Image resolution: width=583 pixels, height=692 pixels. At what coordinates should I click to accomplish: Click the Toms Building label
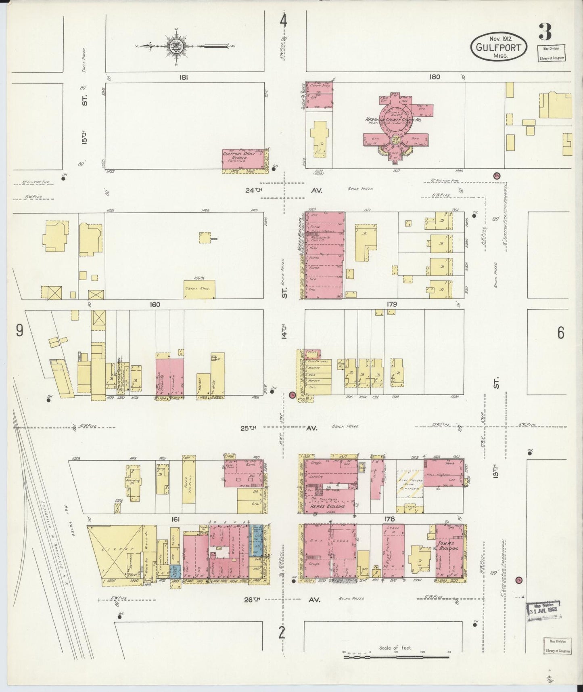coord(448,545)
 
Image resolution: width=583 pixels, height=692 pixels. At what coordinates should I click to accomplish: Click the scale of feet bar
coord(397,657)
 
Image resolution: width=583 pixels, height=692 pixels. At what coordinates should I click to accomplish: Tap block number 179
coord(391,304)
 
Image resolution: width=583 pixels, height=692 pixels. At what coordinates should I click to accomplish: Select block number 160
coord(155,304)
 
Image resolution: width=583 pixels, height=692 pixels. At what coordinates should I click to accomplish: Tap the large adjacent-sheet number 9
coord(19,331)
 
